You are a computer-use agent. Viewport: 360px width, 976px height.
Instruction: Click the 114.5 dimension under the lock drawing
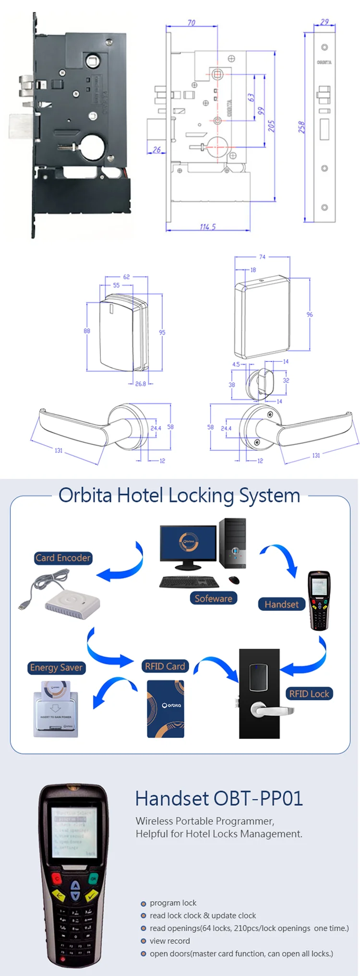coord(208,226)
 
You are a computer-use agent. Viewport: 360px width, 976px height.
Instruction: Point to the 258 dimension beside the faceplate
coord(301,127)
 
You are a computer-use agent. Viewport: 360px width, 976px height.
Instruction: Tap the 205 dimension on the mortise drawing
coord(272,126)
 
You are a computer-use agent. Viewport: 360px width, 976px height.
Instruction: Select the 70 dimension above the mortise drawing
coord(191,23)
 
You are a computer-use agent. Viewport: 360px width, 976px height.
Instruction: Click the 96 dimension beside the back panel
coord(310,314)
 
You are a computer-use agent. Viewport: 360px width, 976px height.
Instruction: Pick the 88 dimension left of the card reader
coord(87,331)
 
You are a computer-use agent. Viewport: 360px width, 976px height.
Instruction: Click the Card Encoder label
coord(63,558)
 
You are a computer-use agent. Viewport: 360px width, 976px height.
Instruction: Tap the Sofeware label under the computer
coord(213,598)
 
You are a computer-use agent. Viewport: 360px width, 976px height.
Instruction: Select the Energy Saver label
coord(56,667)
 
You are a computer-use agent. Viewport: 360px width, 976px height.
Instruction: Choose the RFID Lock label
coord(309,693)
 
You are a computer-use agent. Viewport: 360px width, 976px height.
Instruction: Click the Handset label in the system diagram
coord(281,604)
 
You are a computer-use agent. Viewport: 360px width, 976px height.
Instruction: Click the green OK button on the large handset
coord(94,879)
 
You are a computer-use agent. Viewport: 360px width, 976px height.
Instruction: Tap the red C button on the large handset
coord(57,879)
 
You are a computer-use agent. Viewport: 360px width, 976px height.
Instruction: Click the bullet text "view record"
coord(169,941)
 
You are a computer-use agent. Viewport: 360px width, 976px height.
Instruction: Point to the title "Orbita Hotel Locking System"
coord(179,495)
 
